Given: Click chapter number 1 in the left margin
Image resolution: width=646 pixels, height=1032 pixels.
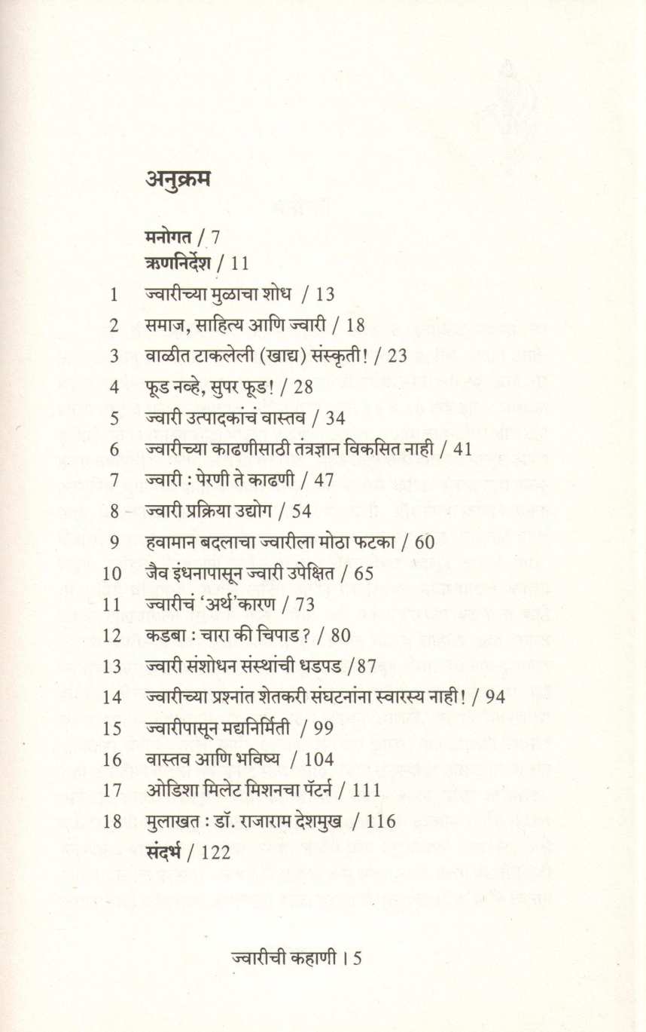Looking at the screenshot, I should coord(114,295).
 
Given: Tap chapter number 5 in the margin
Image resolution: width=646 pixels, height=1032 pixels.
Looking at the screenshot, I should coord(114,418).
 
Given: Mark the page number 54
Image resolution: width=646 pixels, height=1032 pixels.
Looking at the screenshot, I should coord(300,511).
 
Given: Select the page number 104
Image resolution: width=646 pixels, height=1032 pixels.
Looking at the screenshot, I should coord(320,759).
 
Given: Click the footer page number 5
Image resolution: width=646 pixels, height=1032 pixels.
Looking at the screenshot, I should coord(358,959).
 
